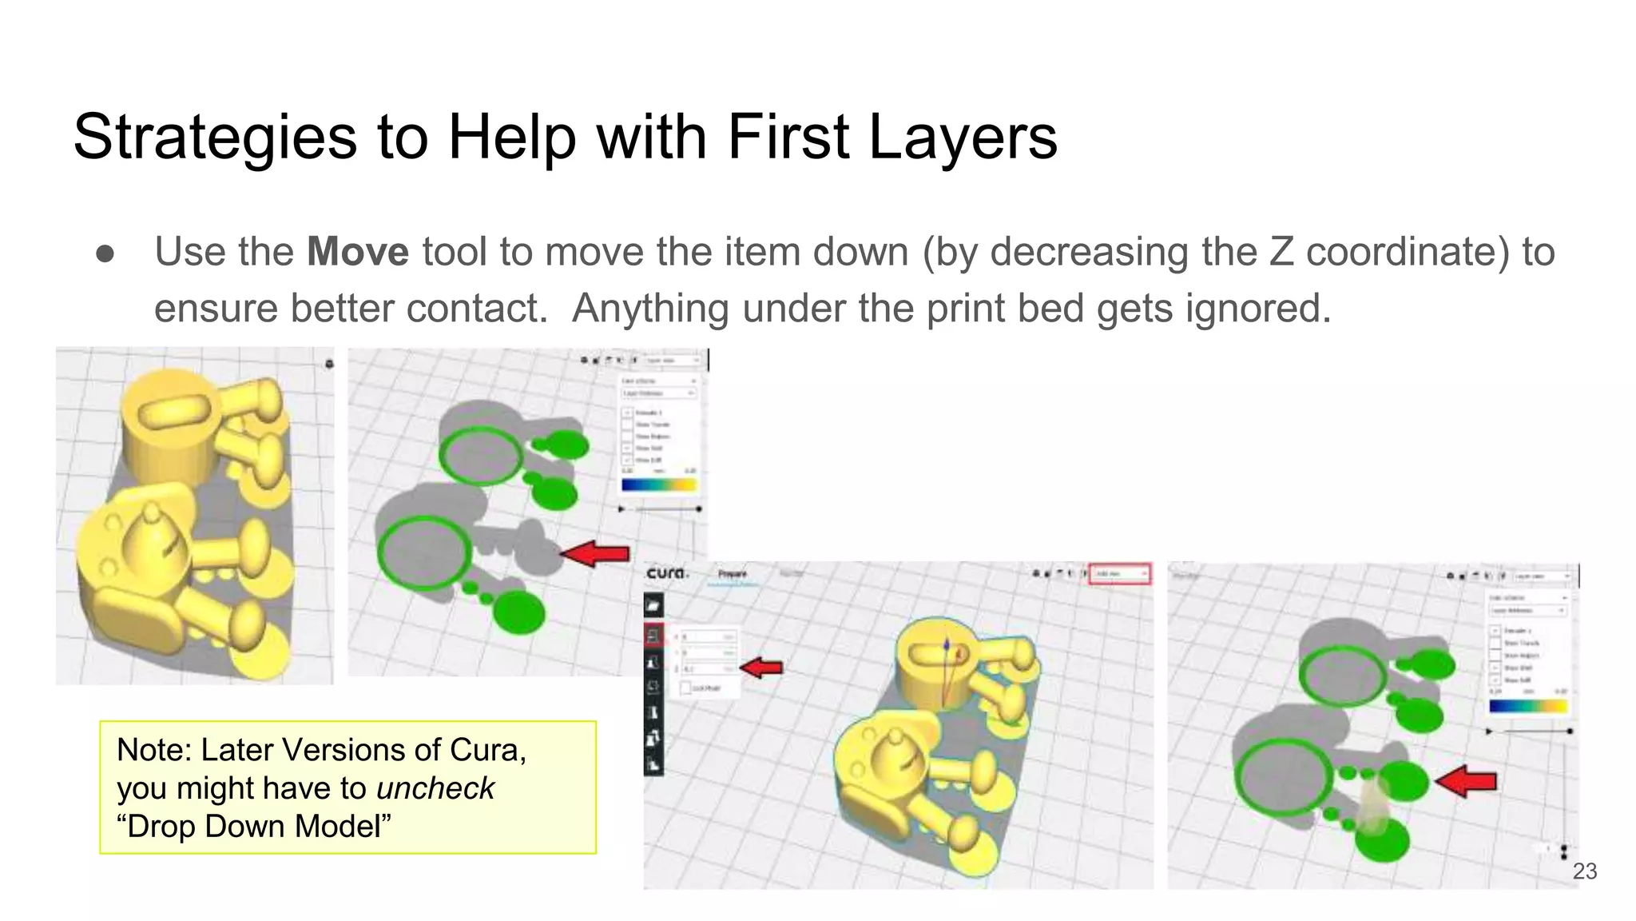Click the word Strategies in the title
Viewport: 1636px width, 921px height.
click(214, 138)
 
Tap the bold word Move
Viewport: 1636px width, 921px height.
click(357, 252)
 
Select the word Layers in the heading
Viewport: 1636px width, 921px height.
click(962, 138)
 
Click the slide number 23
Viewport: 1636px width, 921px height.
click(1584, 871)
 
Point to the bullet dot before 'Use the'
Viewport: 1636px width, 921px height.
click(105, 253)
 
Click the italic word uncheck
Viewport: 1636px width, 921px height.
click(435, 788)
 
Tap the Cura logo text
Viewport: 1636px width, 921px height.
click(666, 573)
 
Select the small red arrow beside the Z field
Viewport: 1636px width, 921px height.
click(761, 668)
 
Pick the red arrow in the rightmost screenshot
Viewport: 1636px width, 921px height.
click(1466, 780)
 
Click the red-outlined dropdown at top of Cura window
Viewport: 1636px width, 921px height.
click(1120, 573)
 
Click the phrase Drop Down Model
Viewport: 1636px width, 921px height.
click(254, 827)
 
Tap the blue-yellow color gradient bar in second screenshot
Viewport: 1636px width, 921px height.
click(659, 484)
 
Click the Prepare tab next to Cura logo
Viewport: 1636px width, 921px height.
click(732, 573)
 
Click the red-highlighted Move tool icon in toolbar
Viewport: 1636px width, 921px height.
click(653, 636)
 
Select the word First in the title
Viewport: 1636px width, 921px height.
click(788, 138)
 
